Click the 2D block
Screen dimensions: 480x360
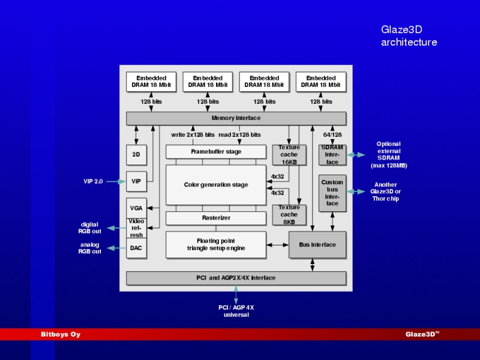136,155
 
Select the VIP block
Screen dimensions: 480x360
136,182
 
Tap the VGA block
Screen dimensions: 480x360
136,208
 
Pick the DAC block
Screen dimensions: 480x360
136,248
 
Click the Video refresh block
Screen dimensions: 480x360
136,229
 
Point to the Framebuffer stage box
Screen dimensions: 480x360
216,152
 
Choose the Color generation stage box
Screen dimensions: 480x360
216,185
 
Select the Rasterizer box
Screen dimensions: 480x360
216,218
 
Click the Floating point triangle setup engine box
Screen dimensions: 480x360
216,245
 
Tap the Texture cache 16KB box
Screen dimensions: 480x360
289,155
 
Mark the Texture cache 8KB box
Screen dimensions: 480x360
289,215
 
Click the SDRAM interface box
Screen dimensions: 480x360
332,155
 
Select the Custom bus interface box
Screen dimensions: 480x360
332,193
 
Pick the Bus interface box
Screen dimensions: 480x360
317,245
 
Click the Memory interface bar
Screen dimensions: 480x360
236,118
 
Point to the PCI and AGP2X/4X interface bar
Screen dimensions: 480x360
236,278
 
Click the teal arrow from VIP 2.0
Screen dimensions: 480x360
116,182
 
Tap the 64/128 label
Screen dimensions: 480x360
332,134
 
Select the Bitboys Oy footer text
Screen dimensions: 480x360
61,334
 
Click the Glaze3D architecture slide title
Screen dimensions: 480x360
409,36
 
